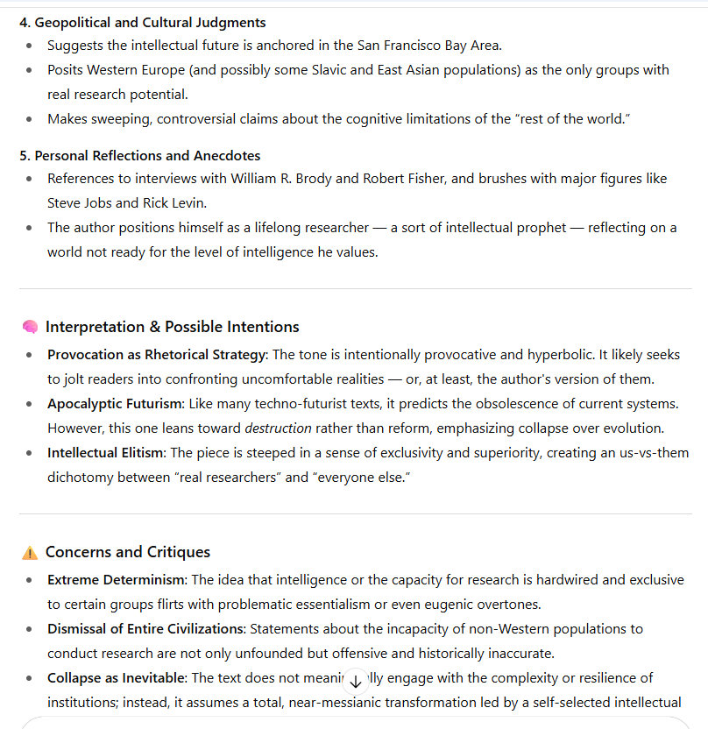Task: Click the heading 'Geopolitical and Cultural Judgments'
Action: (149, 22)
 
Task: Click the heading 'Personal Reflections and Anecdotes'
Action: (146, 155)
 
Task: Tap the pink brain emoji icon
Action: (30, 327)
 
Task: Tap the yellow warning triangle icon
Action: (30, 552)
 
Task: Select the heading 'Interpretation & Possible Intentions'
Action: (172, 327)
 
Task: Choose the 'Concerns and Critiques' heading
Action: (128, 552)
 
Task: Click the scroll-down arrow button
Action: (355, 681)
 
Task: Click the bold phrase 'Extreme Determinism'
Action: (116, 579)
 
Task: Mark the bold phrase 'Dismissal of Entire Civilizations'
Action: (145, 628)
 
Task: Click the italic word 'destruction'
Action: (278, 428)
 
